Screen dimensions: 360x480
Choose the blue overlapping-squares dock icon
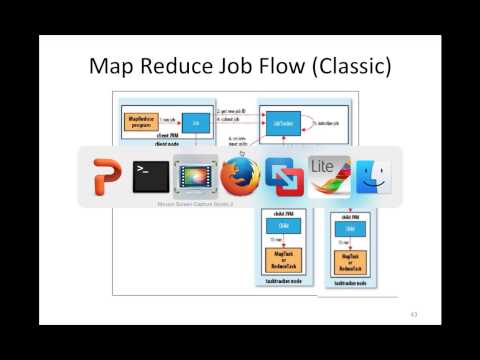point(282,177)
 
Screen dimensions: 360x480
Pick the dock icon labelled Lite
point(326,175)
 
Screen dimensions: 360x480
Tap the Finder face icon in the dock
point(371,177)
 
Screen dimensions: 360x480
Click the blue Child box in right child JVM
point(350,229)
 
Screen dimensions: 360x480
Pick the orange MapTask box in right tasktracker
point(350,262)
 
